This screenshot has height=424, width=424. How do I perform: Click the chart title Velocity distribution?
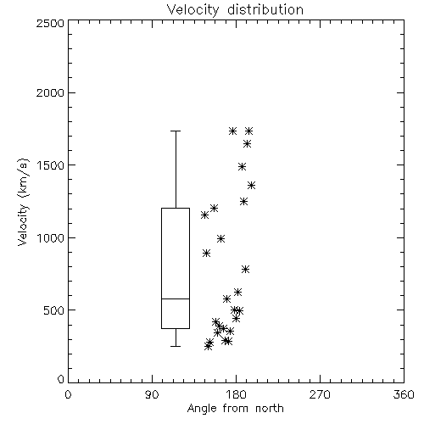coord(235,9)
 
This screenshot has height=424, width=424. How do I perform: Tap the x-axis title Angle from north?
coord(235,409)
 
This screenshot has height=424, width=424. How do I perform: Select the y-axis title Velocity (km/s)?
coord(23,202)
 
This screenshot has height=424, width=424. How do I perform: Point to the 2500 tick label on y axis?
coord(51,23)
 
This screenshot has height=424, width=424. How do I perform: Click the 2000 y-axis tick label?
coord(51,92)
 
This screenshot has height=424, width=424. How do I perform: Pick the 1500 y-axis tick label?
coord(51,165)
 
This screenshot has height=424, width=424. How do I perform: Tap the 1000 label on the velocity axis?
coord(51,237)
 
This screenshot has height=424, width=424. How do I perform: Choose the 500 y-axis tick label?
coord(54,310)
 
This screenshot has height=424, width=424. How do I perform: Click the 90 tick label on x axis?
coord(152,394)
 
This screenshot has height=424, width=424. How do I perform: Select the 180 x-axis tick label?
coord(236,394)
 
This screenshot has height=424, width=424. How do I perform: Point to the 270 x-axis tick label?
coord(320,394)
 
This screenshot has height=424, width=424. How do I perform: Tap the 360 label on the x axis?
coord(404,394)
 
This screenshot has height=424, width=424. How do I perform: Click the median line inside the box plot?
coord(176,298)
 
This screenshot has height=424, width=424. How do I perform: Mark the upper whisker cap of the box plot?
coord(176,131)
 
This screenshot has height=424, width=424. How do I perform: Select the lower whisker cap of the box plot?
coord(176,346)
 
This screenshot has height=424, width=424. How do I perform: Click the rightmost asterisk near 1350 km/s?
coord(251,186)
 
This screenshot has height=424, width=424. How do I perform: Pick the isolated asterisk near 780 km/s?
coord(246,270)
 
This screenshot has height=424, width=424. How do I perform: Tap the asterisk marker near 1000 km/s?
coord(221,239)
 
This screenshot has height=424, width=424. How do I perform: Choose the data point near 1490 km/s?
coord(242,166)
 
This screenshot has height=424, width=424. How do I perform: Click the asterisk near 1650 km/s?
coord(248,144)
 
